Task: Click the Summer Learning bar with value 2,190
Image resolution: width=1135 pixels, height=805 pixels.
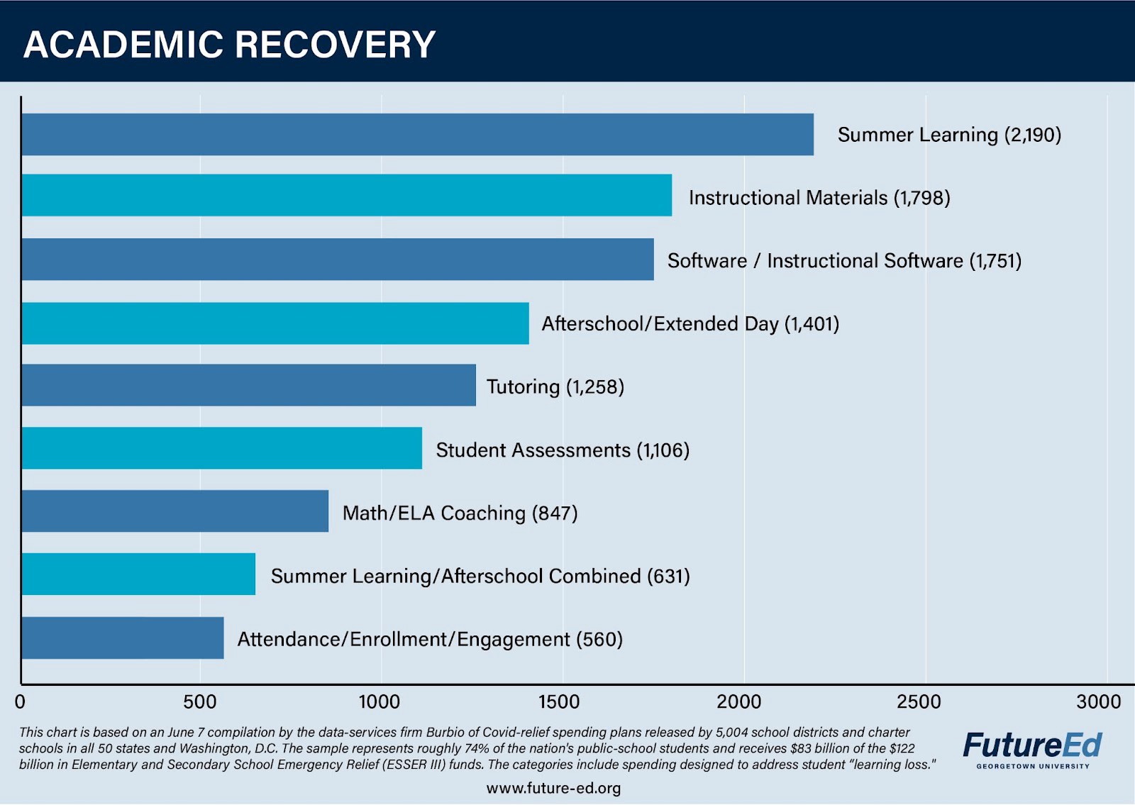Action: pyautogui.click(x=417, y=134)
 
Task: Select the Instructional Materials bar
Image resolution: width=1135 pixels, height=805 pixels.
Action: pyautogui.click(x=346, y=195)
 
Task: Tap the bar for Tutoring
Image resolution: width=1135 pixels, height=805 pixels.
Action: pyautogui.click(x=248, y=385)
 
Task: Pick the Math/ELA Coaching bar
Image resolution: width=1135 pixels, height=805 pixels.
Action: pyautogui.click(x=175, y=511)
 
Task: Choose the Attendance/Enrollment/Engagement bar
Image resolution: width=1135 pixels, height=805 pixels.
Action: pyautogui.click(x=122, y=638)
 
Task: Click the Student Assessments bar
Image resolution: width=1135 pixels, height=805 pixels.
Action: pyautogui.click(x=221, y=448)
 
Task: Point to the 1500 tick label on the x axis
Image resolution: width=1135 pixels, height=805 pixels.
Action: pyautogui.click(x=559, y=702)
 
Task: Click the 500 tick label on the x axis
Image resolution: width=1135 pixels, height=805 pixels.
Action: pyautogui.click(x=199, y=702)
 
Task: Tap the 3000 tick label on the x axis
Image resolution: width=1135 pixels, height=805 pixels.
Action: pyautogui.click(x=1098, y=702)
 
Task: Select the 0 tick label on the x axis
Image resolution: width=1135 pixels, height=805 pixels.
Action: pyautogui.click(x=20, y=702)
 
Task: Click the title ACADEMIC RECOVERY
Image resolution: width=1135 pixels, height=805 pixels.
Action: pyautogui.click(x=229, y=44)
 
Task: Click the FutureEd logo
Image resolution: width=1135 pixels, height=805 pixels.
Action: pyautogui.click(x=1032, y=746)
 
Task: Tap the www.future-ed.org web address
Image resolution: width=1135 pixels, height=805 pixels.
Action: pyautogui.click(x=553, y=788)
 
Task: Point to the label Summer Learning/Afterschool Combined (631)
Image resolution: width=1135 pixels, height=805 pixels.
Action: pyautogui.click(x=480, y=576)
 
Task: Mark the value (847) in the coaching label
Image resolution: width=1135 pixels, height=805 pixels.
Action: pyautogui.click(x=554, y=513)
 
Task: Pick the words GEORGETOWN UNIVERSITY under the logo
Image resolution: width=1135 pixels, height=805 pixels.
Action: pyautogui.click(x=1032, y=766)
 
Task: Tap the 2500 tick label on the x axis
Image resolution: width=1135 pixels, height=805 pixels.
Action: pyautogui.click(x=918, y=702)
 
